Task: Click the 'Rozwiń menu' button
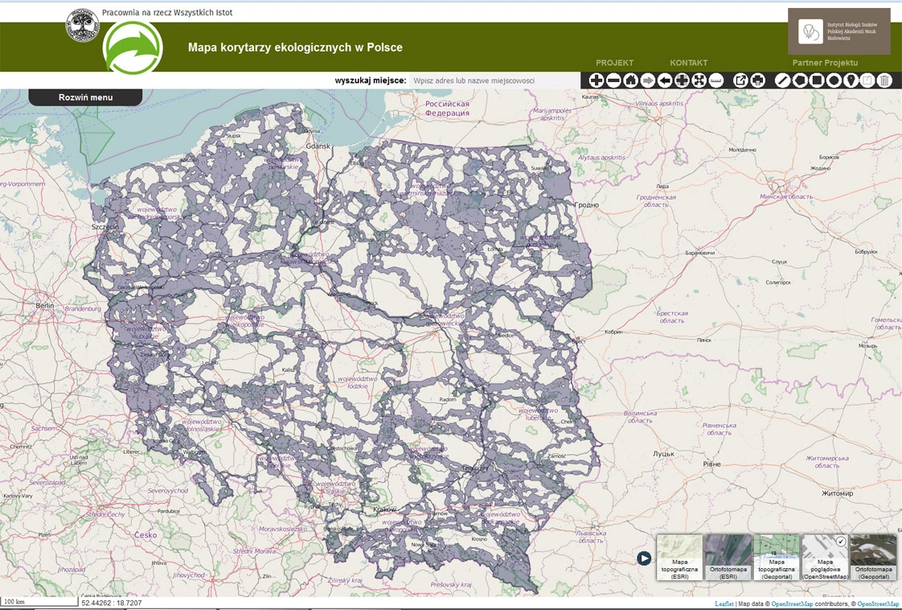tap(85, 97)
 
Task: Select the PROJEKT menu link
tap(614, 63)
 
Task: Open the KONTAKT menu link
tap(688, 63)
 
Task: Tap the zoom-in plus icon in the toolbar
tap(597, 80)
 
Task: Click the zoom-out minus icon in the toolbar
tap(613, 80)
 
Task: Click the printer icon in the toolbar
tap(757, 80)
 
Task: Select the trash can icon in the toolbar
tap(884, 80)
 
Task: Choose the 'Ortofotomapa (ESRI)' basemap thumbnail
tap(728, 558)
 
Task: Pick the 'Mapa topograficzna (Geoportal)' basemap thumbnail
tap(777, 558)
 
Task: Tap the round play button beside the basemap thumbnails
tap(644, 558)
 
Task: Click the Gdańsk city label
tap(318, 146)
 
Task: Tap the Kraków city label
tap(386, 509)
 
